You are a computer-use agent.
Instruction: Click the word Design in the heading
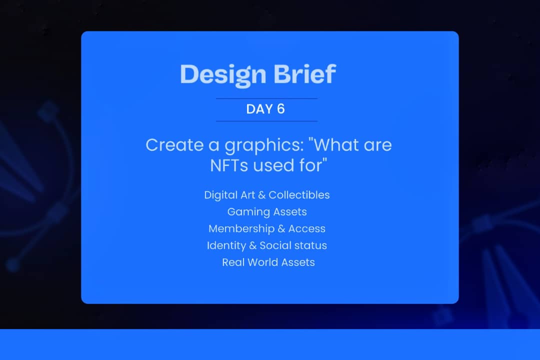[x=223, y=74]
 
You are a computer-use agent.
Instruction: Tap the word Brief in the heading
[x=304, y=74]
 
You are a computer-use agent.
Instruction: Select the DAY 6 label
[x=265, y=109]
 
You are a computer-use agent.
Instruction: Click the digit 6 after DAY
[x=280, y=109]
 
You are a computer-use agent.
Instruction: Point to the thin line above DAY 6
[x=266, y=99]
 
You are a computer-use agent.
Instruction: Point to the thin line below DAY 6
[x=266, y=121]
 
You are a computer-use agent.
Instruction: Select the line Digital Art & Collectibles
[x=266, y=195]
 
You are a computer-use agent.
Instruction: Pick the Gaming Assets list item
[x=267, y=212]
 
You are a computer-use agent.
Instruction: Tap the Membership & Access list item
[x=266, y=228]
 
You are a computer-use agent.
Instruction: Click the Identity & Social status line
[x=266, y=245]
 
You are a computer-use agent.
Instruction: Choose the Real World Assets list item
[x=268, y=262]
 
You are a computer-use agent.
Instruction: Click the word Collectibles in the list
[x=299, y=195]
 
